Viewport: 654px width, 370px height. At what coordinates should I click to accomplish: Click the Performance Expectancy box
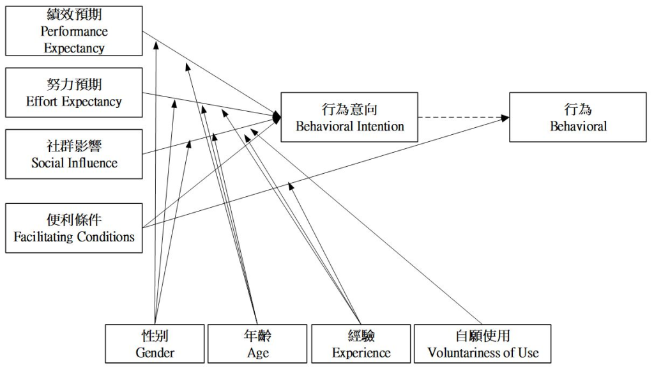point(74,31)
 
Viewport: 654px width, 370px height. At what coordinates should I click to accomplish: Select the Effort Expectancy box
point(74,93)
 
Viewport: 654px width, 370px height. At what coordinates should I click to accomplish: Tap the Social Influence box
point(74,154)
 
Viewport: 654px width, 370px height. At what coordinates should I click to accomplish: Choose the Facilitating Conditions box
point(74,228)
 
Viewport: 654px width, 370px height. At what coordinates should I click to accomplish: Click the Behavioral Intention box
point(349,117)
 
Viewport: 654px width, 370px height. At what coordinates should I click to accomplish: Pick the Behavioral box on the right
point(578,117)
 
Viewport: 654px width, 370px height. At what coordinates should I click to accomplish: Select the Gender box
point(155,344)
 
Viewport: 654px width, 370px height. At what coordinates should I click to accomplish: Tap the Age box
point(258,344)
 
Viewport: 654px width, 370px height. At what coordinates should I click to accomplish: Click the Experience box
point(361,344)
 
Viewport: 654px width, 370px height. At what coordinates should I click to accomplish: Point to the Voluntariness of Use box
point(482,344)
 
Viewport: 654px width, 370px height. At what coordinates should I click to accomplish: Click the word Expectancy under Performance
point(75,48)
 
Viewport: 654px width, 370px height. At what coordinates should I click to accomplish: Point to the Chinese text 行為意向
point(349,109)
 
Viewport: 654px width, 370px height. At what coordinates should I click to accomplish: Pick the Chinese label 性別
point(155,335)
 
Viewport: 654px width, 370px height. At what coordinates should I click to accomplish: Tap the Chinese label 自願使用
point(483,335)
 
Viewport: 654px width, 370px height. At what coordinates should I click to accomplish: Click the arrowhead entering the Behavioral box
point(505,118)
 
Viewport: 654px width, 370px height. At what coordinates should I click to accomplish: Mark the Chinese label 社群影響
point(74,146)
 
